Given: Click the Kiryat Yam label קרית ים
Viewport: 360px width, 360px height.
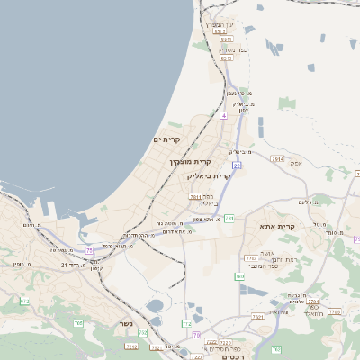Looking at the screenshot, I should pos(167,139).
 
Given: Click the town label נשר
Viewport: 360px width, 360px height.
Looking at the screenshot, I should pos(125,323).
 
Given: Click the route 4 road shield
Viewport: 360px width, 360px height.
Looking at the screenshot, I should pos(222,117).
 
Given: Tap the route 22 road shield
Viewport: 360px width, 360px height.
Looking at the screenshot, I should pos(236,166).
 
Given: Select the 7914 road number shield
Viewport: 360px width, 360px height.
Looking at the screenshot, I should pos(276,158).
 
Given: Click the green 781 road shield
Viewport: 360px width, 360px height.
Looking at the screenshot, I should pos(229,218).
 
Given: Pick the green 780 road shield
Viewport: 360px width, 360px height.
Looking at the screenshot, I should pos(239,276).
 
